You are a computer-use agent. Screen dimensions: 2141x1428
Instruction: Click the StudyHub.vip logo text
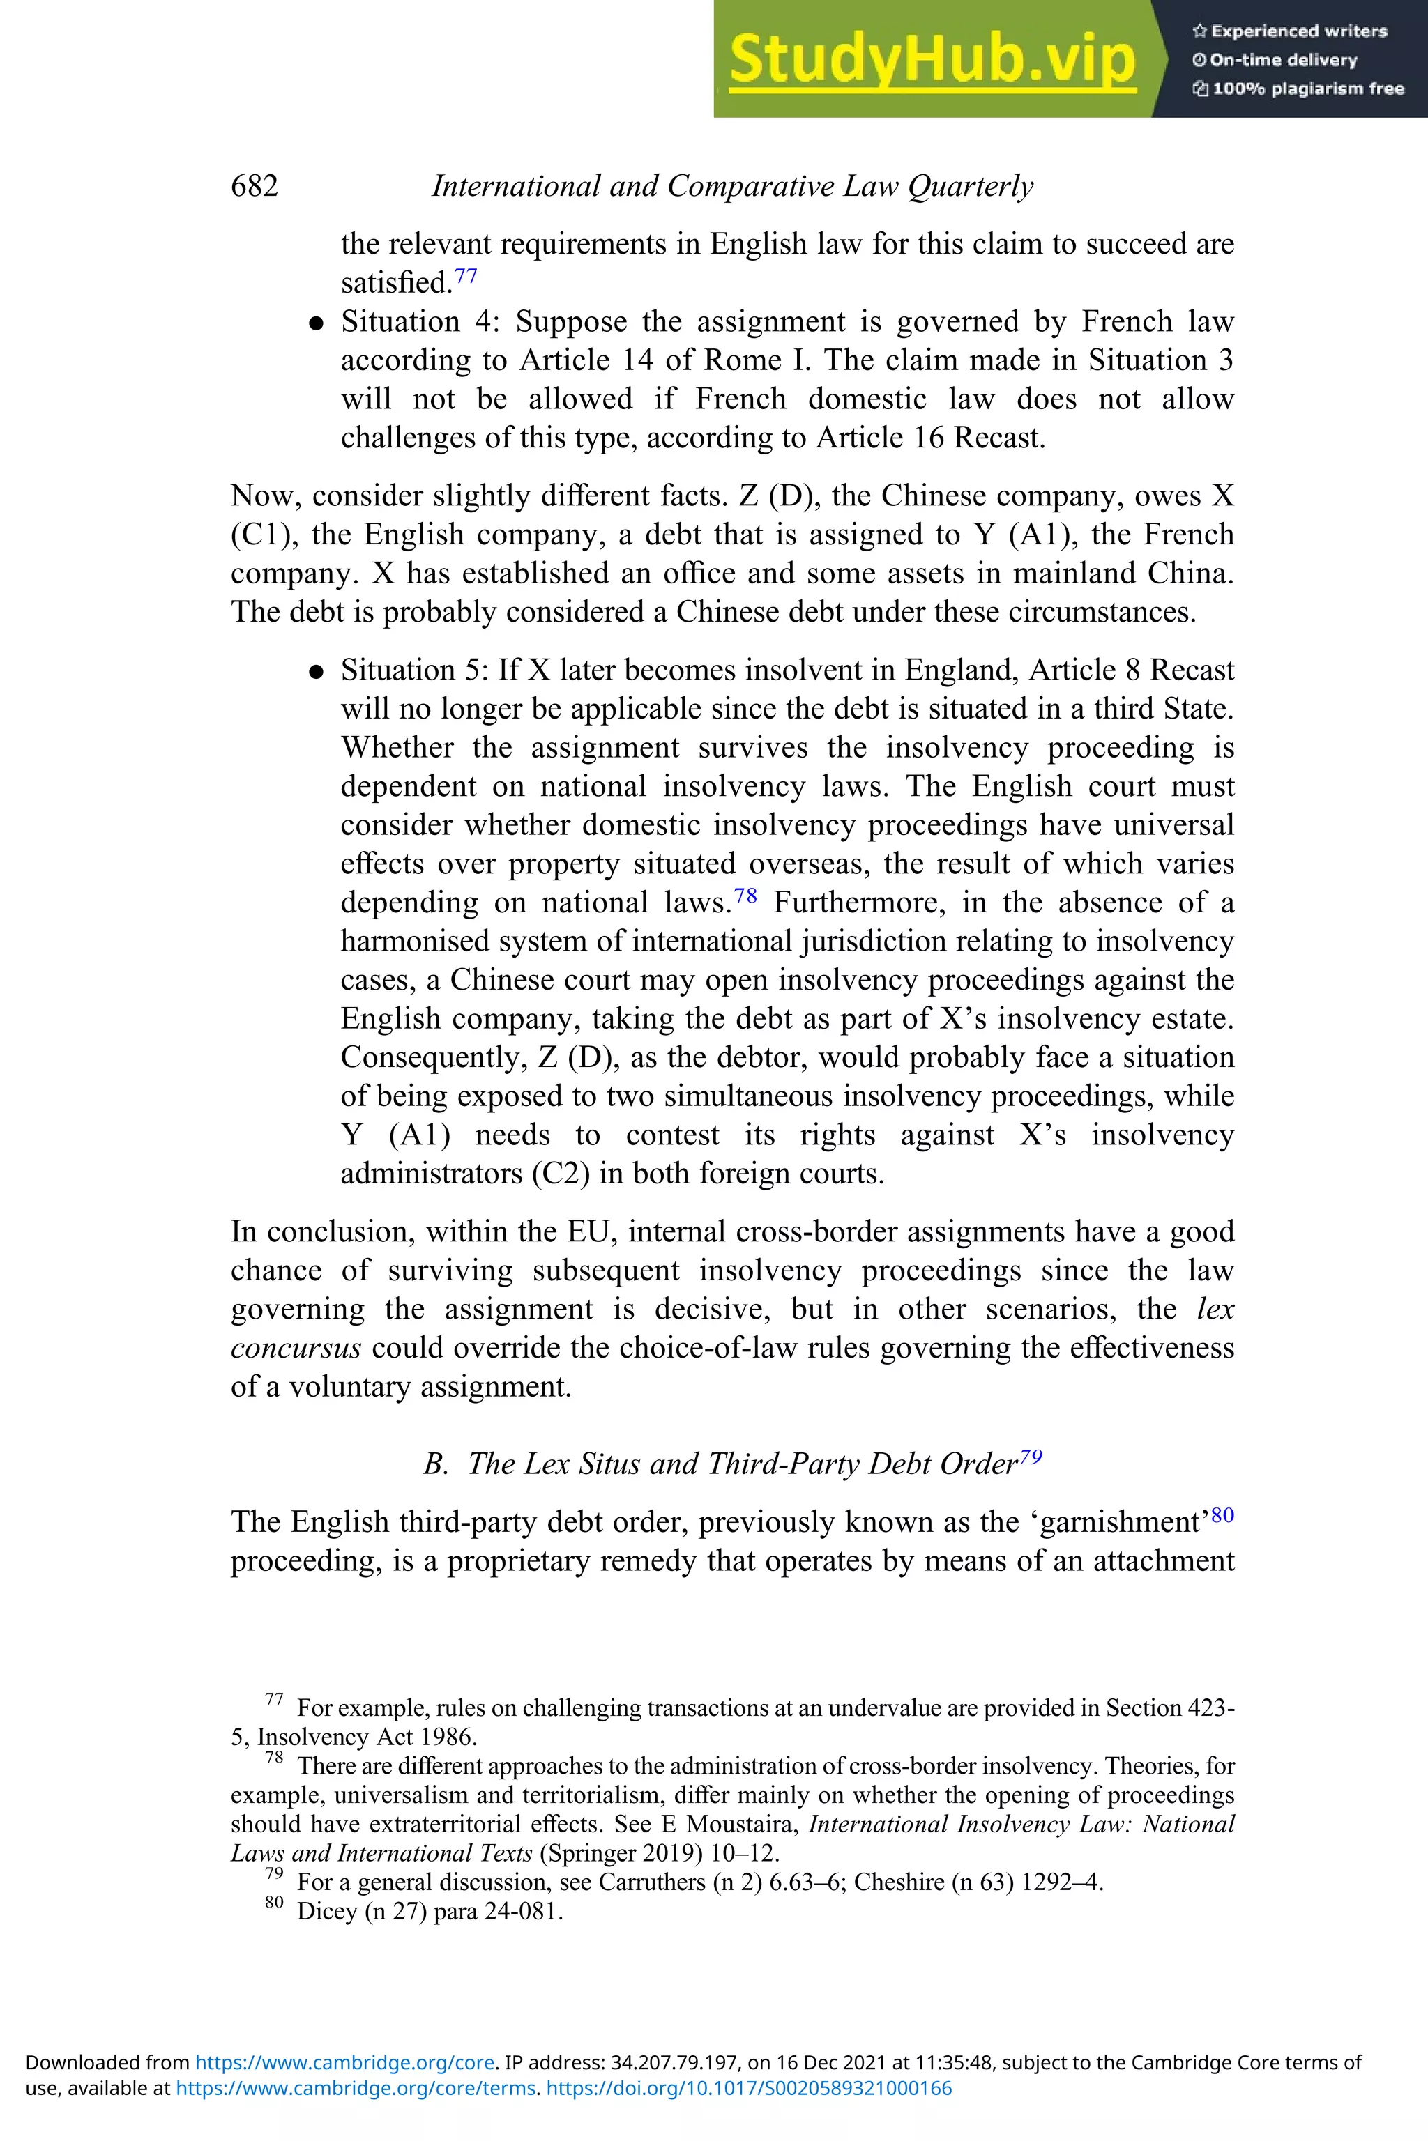[932, 59]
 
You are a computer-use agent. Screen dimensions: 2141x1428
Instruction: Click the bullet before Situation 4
[316, 323]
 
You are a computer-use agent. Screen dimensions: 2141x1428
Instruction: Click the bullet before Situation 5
[316, 672]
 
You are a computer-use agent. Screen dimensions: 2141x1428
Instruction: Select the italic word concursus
[296, 1347]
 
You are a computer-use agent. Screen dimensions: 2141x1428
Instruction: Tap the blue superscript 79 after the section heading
[1031, 1457]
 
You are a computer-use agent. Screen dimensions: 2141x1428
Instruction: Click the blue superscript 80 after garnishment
[1222, 1514]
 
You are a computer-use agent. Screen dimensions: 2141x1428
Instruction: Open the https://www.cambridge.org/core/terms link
[355, 2088]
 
